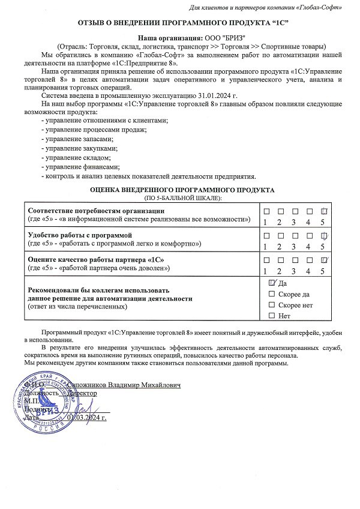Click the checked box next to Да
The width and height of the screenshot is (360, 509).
coord(272,283)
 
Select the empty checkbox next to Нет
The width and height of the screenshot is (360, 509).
coord(272,315)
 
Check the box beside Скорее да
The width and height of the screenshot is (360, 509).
coord(272,294)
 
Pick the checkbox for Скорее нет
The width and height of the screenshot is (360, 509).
coord(272,304)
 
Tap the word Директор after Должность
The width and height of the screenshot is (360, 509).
coord(83,392)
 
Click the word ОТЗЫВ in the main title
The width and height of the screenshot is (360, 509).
coord(92,22)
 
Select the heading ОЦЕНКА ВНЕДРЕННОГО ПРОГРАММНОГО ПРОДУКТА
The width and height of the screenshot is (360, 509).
coord(182,190)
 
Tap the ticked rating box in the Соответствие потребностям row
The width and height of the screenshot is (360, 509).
coord(324,211)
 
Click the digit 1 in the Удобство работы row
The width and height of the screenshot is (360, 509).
coord(265,246)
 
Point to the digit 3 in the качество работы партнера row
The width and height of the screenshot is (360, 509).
coord(294,271)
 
